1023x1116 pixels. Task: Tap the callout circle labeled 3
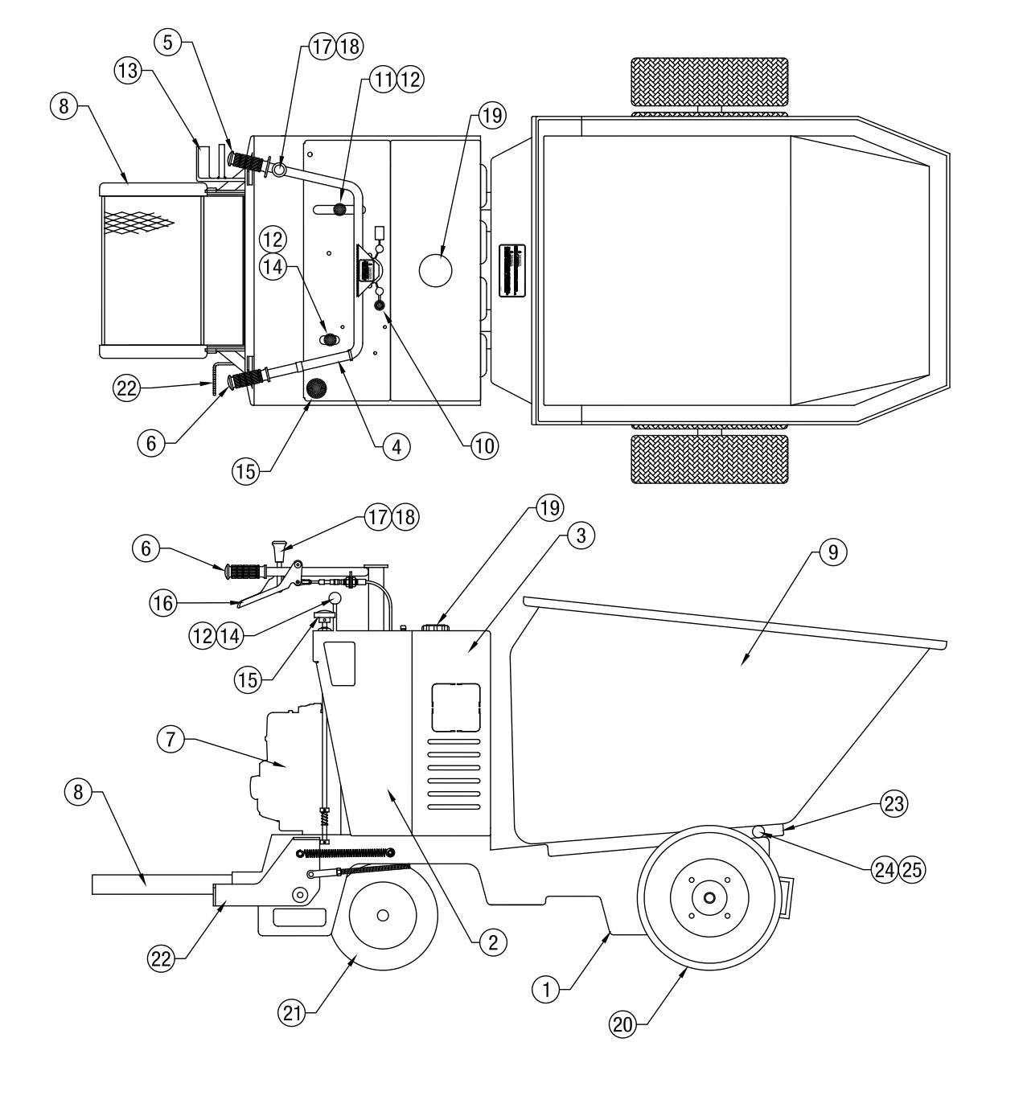(x=581, y=535)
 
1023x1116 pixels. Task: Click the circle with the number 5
(x=167, y=43)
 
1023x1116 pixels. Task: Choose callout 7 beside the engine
(x=171, y=741)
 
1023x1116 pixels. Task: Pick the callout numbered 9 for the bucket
(x=832, y=551)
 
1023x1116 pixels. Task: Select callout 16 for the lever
(x=164, y=602)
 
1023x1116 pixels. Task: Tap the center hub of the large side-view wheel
(x=708, y=896)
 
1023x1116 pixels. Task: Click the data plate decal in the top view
(x=512, y=271)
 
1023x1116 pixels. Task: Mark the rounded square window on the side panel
(x=456, y=707)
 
